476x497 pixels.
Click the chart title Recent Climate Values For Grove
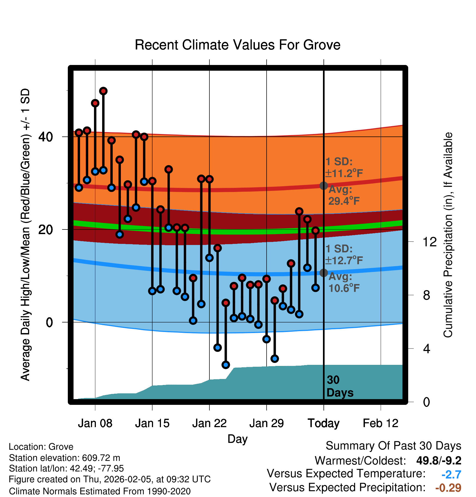(237, 45)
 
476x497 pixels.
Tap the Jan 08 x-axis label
(95, 423)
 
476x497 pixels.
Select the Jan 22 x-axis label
(209, 423)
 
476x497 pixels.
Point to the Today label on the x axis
(324, 423)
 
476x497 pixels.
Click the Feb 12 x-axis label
(380, 423)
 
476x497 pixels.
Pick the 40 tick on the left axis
(46, 137)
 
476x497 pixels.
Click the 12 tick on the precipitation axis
(430, 242)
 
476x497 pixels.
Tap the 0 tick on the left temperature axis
(49, 322)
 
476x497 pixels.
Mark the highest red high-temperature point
(103, 91)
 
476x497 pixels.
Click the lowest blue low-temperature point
(225, 365)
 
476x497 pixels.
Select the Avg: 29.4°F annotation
(344, 195)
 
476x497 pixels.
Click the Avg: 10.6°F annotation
(344, 282)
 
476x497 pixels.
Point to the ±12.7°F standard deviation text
(344, 260)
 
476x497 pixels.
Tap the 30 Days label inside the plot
(340, 386)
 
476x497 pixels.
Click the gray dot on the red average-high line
(324, 186)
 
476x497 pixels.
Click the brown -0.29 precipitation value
(448, 488)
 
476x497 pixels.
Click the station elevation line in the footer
(65, 458)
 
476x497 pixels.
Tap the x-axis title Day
(237, 439)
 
